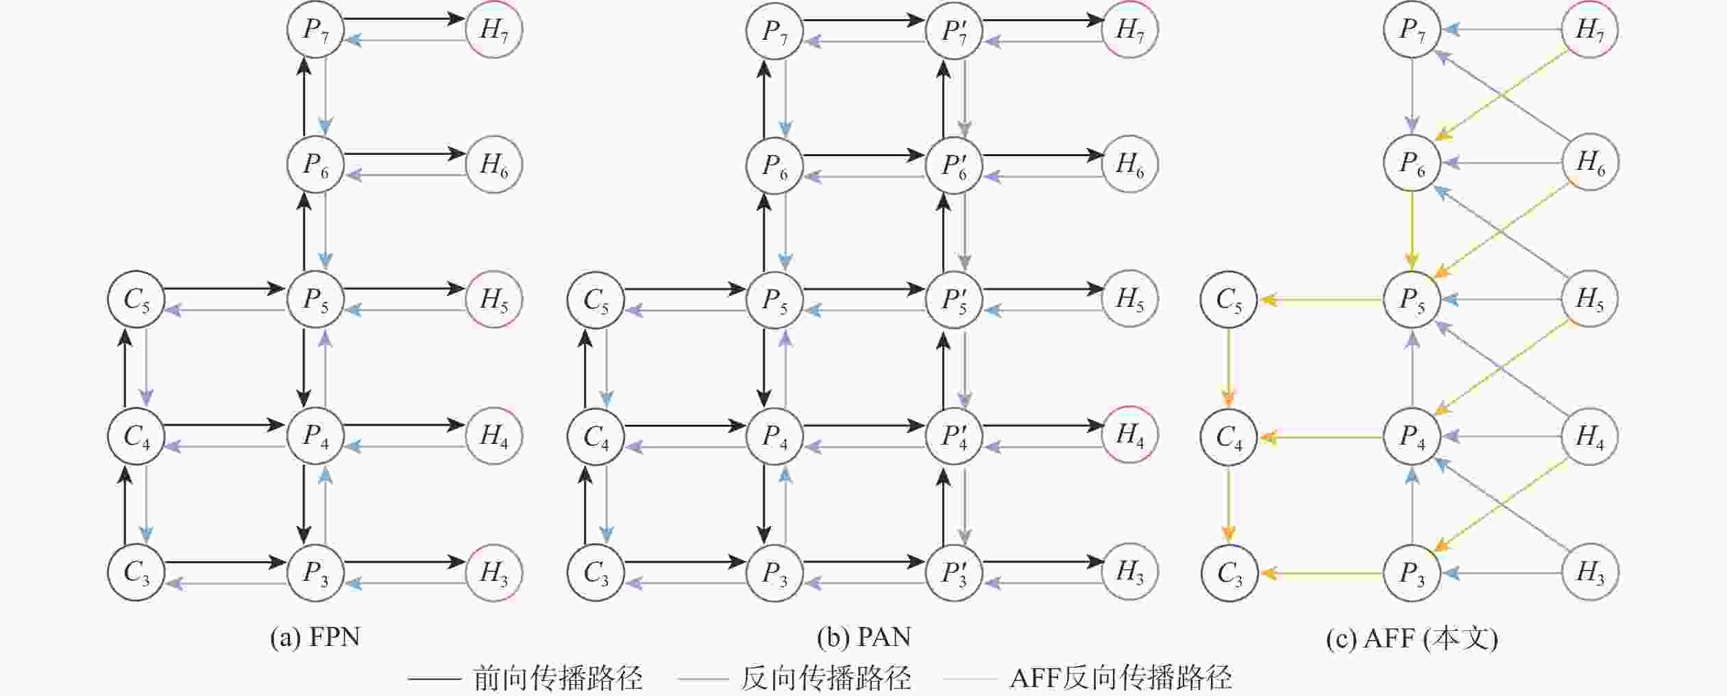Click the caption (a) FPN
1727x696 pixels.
[315, 638]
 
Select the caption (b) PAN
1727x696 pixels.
[864, 638]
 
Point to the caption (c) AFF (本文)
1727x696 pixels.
[1412, 638]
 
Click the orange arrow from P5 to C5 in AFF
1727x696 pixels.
[1321, 300]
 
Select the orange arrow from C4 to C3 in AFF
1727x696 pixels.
[1228, 504]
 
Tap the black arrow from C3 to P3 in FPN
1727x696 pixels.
[225, 562]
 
